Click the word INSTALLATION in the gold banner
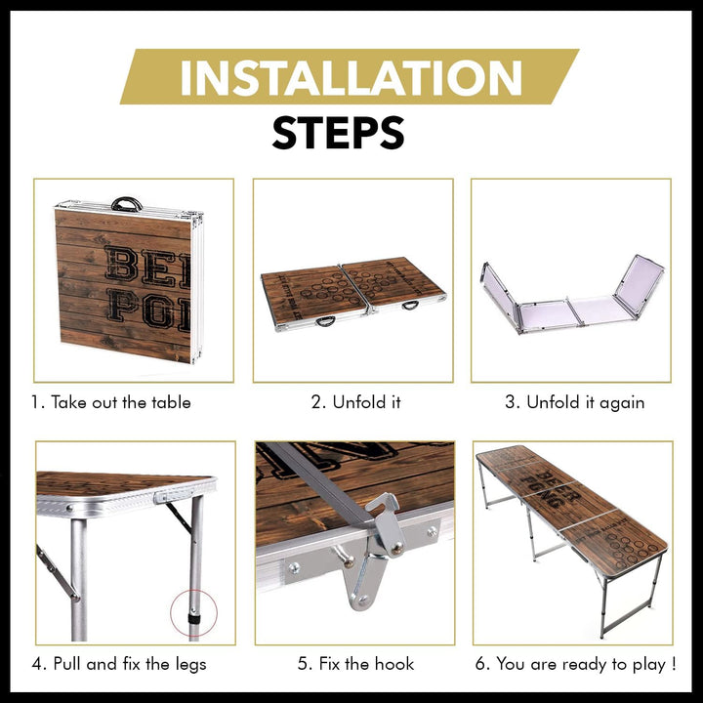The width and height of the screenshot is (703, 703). (351, 77)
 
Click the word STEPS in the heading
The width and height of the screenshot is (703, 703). (339, 133)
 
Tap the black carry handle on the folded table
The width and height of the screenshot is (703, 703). (127, 204)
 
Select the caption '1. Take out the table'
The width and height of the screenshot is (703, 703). (110, 402)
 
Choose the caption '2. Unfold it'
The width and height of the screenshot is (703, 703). (356, 402)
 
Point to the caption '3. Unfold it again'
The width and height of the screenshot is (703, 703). (575, 402)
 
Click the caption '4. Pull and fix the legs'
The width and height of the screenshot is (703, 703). (119, 664)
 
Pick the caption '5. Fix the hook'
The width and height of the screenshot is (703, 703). (356, 664)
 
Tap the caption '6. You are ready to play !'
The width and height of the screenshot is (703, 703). (576, 664)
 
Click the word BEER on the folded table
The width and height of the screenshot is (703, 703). (147, 268)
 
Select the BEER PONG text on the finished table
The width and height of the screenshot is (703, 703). (551, 489)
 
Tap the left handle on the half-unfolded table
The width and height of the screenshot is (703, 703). (325, 321)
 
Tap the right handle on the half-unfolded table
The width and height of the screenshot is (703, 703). (410, 306)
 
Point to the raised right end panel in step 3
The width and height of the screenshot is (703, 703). (640, 285)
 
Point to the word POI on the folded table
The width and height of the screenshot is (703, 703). (148, 310)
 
